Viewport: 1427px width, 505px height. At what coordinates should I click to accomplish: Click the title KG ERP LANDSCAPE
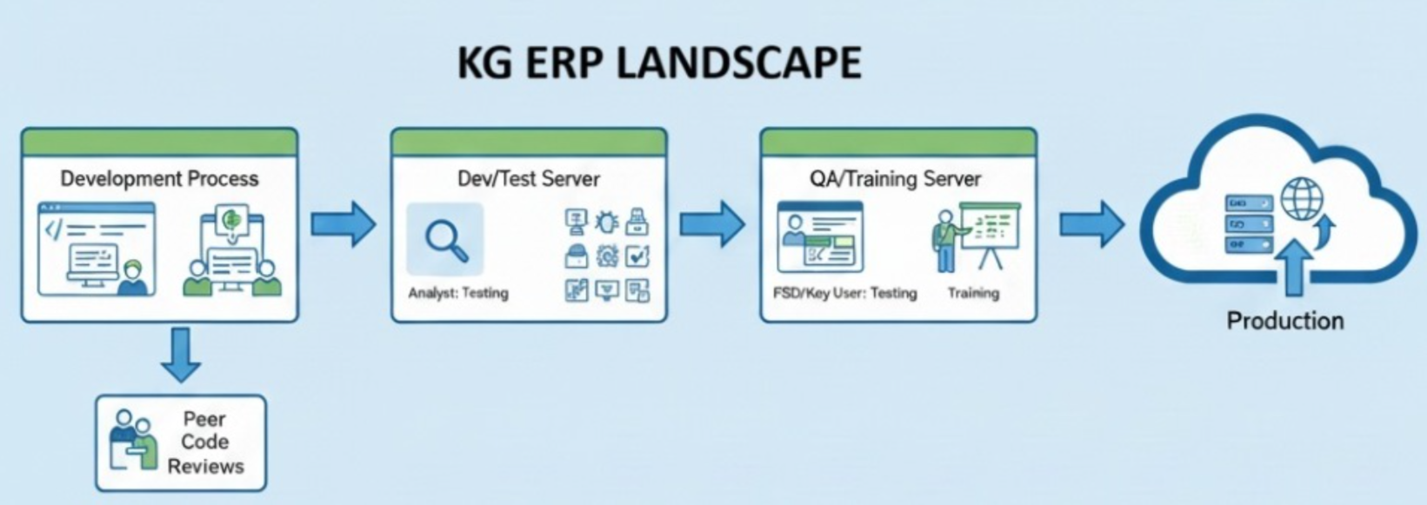[x=659, y=63]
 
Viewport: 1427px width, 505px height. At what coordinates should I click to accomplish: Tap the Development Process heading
[x=159, y=179]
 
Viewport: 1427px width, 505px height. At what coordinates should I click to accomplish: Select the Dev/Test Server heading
[x=529, y=179]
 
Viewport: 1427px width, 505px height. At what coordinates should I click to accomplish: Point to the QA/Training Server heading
[x=895, y=179]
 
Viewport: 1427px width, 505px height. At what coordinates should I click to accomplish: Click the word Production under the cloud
[x=1284, y=321]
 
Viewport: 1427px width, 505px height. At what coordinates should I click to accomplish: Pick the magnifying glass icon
[x=446, y=239]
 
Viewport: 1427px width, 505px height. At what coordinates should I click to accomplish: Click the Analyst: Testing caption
[x=458, y=294]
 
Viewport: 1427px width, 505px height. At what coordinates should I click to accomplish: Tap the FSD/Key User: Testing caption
[x=844, y=294]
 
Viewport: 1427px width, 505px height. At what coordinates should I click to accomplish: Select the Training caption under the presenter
[x=973, y=294]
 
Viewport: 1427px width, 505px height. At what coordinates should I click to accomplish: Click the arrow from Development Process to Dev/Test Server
[x=343, y=224]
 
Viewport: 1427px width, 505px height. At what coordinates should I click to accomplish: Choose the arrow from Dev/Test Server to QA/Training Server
[x=712, y=224]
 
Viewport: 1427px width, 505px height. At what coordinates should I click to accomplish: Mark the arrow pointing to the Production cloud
[x=1091, y=224]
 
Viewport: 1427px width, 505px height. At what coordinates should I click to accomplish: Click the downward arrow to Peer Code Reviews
[x=181, y=354]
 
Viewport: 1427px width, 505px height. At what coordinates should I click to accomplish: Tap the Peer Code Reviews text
[x=205, y=442]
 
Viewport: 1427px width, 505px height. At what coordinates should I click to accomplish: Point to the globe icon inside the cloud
[x=1300, y=198]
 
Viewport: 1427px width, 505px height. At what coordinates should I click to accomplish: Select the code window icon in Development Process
[x=97, y=249]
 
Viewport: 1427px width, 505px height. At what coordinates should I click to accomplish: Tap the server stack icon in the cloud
[x=1248, y=224]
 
